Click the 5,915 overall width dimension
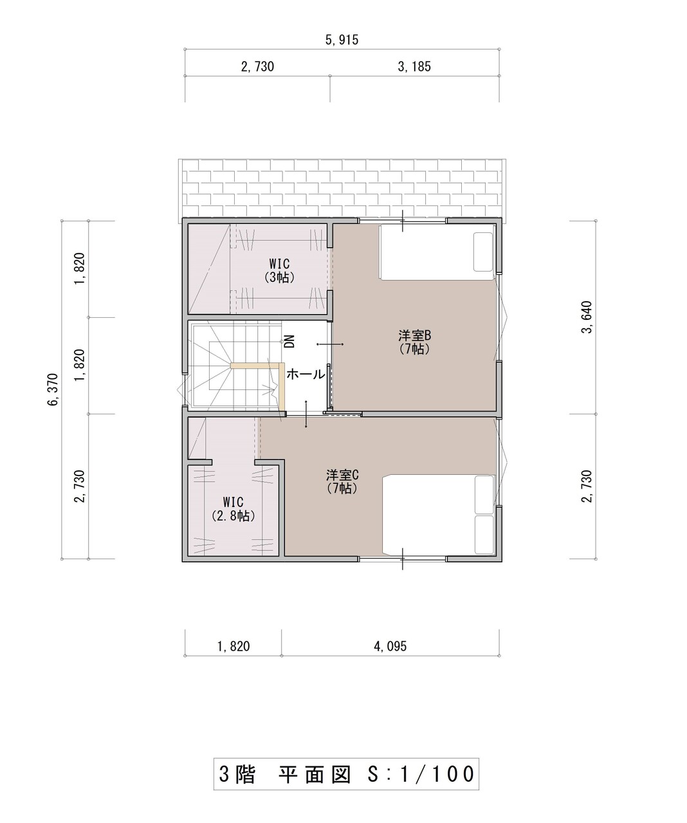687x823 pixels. (x=342, y=40)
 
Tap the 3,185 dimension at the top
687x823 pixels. (x=414, y=67)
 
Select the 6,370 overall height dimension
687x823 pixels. (x=53, y=389)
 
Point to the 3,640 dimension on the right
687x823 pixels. (x=587, y=317)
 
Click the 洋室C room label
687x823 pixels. (x=342, y=475)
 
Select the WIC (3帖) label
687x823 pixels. (x=279, y=270)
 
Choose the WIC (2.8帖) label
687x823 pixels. (x=233, y=509)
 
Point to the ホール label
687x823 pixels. (x=306, y=374)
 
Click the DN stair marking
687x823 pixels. (x=289, y=341)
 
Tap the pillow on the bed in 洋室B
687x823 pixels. (x=483, y=252)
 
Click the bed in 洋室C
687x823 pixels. (x=438, y=514)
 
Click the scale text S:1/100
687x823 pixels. (x=419, y=773)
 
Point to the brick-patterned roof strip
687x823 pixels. (x=342, y=188)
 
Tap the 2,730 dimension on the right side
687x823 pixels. (x=587, y=486)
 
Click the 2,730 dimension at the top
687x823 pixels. (x=257, y=67)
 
